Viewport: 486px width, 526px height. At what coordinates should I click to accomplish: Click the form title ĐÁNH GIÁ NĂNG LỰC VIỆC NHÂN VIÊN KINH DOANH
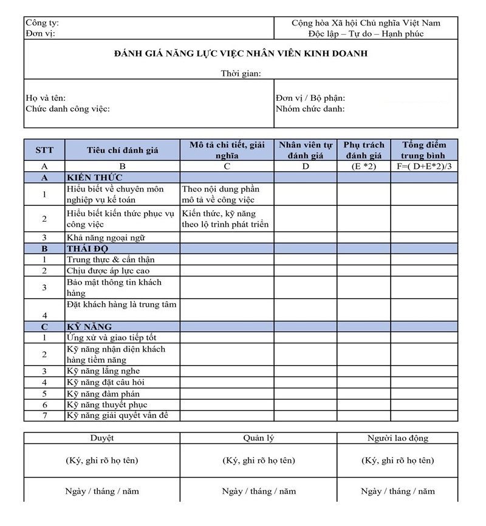[241, 54]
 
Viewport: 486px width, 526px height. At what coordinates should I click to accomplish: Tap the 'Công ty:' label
[42, 23]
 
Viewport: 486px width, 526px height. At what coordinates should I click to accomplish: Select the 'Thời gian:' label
[241, 73]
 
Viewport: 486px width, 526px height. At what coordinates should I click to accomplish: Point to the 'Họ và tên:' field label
[46, 98]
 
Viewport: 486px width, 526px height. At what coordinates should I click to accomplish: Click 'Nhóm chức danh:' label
[310, 109]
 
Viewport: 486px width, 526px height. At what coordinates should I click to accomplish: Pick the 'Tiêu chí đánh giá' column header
[122, 150]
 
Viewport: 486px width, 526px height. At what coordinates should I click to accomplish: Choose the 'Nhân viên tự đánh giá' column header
[306, 150]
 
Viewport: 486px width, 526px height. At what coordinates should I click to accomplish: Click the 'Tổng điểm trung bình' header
[423, 150]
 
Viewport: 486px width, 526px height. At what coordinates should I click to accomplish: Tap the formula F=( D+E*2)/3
[423, 166]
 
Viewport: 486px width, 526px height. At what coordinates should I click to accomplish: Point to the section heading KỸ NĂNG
[89, 327]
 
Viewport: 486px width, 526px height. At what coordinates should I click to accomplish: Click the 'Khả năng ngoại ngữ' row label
[106, 237]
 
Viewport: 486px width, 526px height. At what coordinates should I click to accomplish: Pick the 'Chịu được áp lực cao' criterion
[108, 271]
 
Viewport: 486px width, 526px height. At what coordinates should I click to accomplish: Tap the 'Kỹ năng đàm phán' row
[103, 394]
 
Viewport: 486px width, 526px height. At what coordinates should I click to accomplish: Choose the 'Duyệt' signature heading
[101, 437]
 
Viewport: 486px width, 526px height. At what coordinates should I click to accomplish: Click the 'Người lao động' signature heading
[397, 437]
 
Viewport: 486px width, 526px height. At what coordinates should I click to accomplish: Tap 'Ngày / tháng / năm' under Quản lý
[259, 491]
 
